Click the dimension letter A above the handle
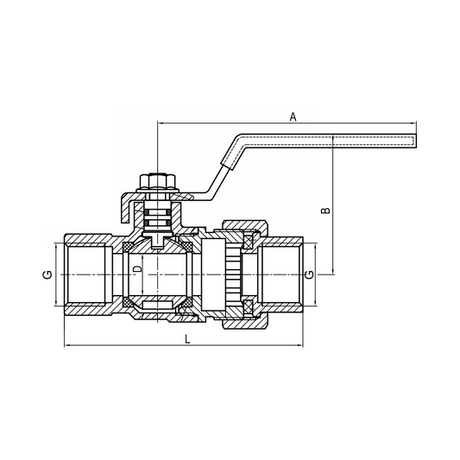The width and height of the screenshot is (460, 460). tap(293, 115)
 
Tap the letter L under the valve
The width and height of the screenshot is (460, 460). tap(188, 339)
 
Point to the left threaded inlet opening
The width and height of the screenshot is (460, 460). tap(86, 274)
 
